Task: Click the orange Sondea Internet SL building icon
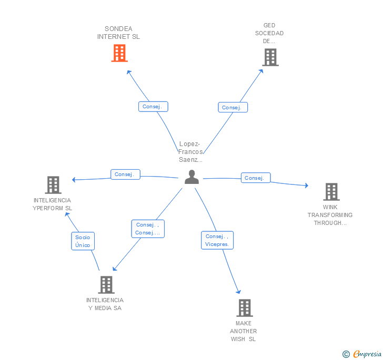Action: click(x=119, y=53)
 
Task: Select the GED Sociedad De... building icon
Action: click(x=270, y=57)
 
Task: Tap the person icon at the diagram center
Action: click(x=191, y=177)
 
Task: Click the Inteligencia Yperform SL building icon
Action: click(x=53, y=185)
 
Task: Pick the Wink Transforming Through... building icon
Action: click(x=331, y=192)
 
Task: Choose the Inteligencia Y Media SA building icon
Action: click(x=106, y=285)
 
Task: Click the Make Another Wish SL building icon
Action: click(x=244, y=308)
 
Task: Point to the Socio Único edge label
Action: click(x=83, y=241)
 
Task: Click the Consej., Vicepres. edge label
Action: click(x=217, y=240)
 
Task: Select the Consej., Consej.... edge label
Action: click(x=147, y=229)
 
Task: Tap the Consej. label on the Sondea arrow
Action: click(x=153, y=106)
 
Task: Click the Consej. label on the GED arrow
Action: click(x=233, y=107)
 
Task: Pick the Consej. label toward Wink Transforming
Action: click(x=255, y=178)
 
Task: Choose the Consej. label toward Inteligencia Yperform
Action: click(x=125, y=174)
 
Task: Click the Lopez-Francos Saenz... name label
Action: click(x=190, y=152)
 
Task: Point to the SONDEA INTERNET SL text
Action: click(x=118, y=33)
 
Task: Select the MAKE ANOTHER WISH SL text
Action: click(x=244, y=331)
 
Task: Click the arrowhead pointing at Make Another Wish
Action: click(x=239, y=292)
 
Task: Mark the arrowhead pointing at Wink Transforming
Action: click(x=307, y=185)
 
